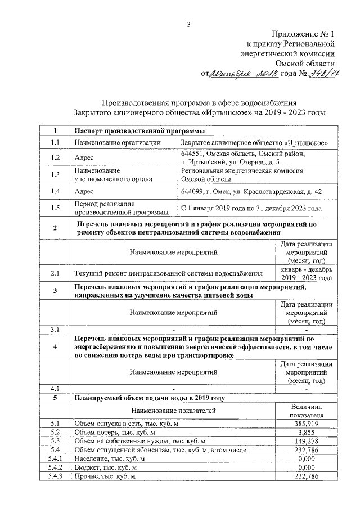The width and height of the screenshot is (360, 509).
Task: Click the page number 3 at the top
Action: point(190,24)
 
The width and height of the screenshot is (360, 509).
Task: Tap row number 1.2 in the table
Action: point(55,158)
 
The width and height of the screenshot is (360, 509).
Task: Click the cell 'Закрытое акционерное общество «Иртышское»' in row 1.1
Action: point(255,143)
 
